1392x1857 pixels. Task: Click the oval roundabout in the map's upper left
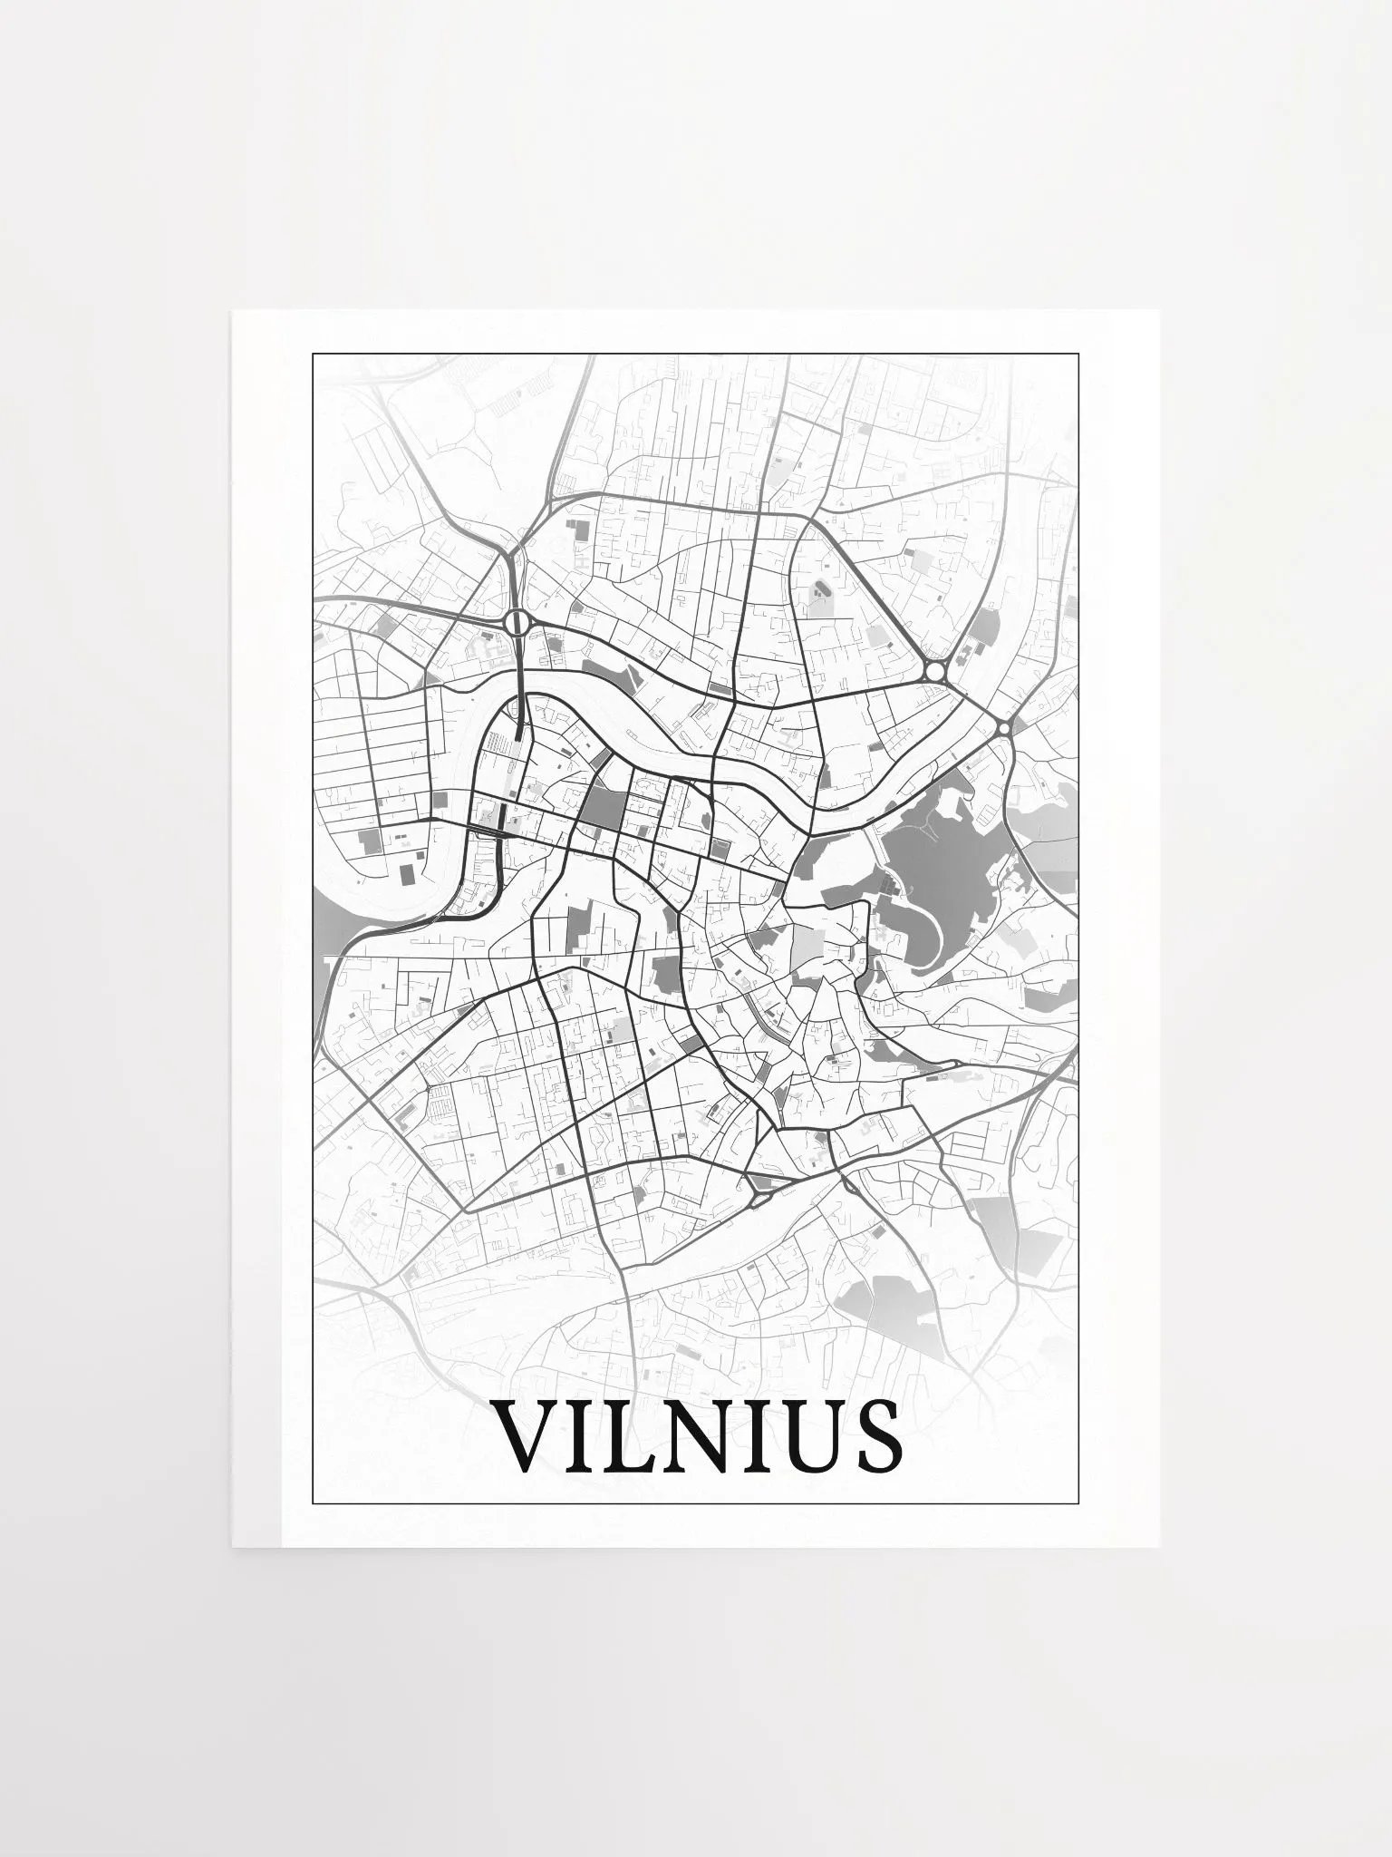(x=517, y=621)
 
